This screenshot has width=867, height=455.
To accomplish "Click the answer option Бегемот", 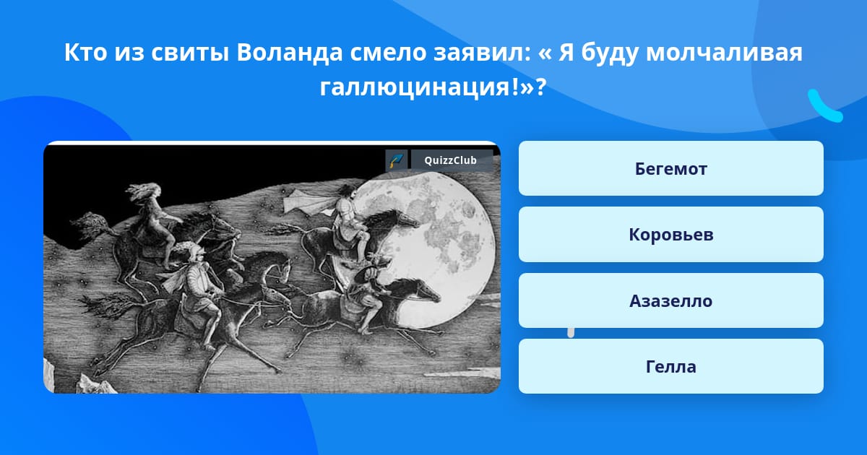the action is point(670,168).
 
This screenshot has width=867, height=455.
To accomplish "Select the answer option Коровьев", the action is point(670,235).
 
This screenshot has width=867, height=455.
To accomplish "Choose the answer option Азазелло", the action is point(670,300).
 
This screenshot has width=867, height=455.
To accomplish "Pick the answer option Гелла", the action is point(670,366).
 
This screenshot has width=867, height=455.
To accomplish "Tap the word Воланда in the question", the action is point(290,52).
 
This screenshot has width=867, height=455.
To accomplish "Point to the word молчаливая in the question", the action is point(724,53).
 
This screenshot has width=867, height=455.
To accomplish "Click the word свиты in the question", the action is point(190,53).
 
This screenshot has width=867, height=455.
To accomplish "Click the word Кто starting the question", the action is point(85,52).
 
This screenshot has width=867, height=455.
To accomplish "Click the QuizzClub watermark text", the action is point(451,160).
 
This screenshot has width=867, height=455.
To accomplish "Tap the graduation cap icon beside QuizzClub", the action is point(397,160).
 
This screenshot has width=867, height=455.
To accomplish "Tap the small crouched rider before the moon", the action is point(368,294).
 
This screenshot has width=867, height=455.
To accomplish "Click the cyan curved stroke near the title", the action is point(824,107).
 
